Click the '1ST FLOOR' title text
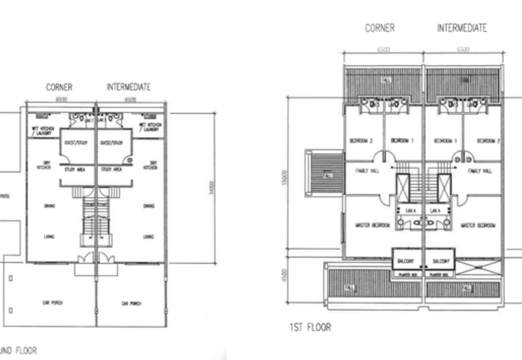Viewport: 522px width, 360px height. [311, 327]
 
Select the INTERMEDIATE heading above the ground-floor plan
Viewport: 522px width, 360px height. [130, 86]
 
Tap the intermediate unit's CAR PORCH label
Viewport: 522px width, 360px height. [131, 303]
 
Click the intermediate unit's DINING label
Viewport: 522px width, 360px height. [149, 205]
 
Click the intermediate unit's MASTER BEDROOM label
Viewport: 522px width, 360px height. [477, 226]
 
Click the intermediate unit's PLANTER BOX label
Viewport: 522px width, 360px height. [440, 275]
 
